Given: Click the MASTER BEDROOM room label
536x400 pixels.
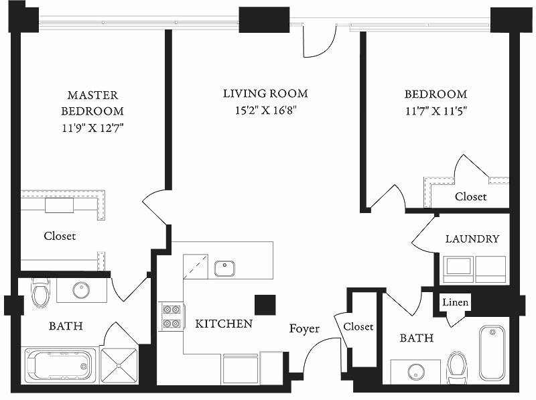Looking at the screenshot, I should click(92, 103).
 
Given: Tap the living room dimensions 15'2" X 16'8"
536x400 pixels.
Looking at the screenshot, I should click(265, 111).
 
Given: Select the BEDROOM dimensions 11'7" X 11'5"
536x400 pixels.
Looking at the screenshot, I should click(435, 111).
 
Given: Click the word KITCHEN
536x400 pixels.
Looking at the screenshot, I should click(224, 324).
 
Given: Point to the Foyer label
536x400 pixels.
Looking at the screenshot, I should click(304, 329).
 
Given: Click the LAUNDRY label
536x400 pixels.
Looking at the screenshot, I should click(472, 239).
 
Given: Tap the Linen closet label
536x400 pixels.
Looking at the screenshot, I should click(456, 302).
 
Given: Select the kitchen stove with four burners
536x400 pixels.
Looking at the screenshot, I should click(172, 316).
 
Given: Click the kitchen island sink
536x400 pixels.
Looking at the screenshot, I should click(224, 269).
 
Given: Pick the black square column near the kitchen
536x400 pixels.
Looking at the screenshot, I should click(265, 304).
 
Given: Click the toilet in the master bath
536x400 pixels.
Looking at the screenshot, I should click(40, 291).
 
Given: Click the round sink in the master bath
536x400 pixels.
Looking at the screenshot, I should click(81, 290).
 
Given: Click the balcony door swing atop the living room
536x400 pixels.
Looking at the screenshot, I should click(318, 40).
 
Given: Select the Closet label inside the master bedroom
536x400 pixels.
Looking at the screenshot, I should click(60, 236).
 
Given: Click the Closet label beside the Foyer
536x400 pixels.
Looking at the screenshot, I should click(358, 326).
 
